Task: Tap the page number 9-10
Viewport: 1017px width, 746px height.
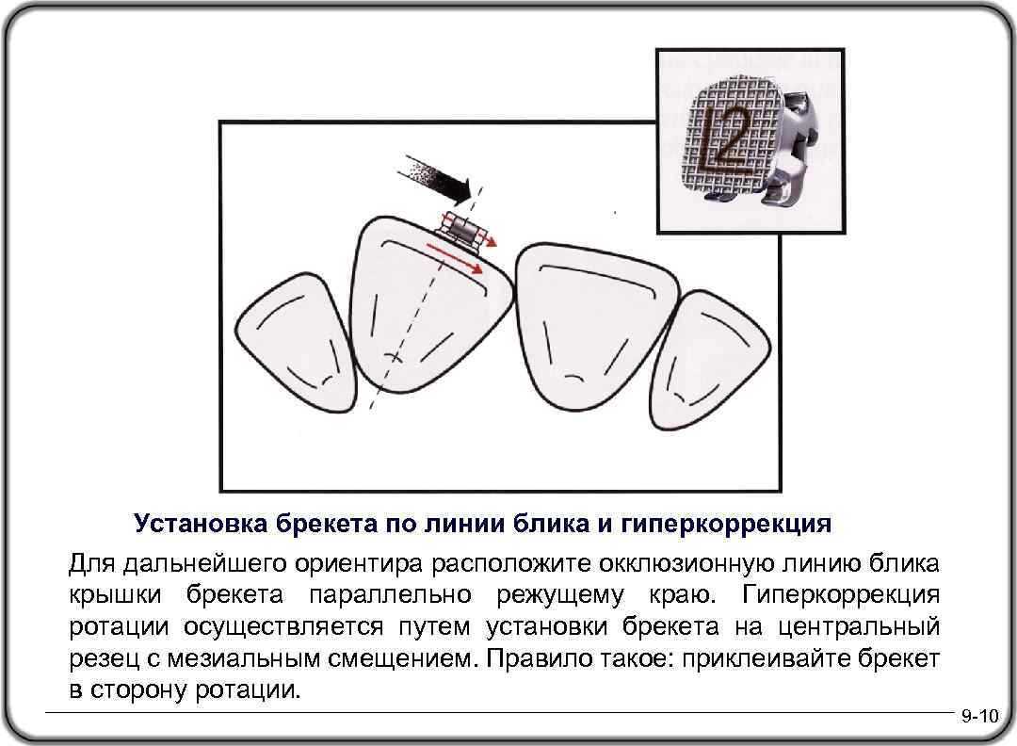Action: coord(979,718)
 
